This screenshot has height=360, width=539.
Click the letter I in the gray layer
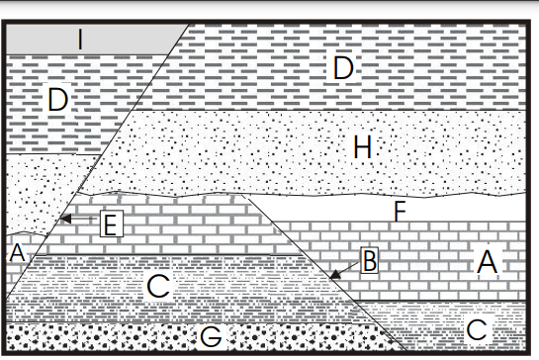tap(80, 40)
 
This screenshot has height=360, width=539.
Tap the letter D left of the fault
tap(57, 100)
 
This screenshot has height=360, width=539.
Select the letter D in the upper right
tap(343, 67)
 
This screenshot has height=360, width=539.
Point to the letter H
tap(363, 146)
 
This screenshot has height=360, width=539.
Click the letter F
tap(401, 211)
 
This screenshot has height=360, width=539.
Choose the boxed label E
tap(112, 224)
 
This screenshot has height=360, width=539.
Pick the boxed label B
tap(370, 260)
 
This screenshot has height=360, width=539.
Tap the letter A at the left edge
tap(17, 252)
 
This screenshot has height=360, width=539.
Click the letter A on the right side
tap(488, 262)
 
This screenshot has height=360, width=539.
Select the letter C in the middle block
tap(158, 286)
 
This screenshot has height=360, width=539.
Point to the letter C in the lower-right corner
tap(477, 329)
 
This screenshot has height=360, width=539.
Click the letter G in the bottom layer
tap(211, 336)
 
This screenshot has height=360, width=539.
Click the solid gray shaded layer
tap(93, 40)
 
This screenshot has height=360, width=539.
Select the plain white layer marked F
tap(396, 209)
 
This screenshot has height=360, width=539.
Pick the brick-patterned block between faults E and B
tap(172, 225)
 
